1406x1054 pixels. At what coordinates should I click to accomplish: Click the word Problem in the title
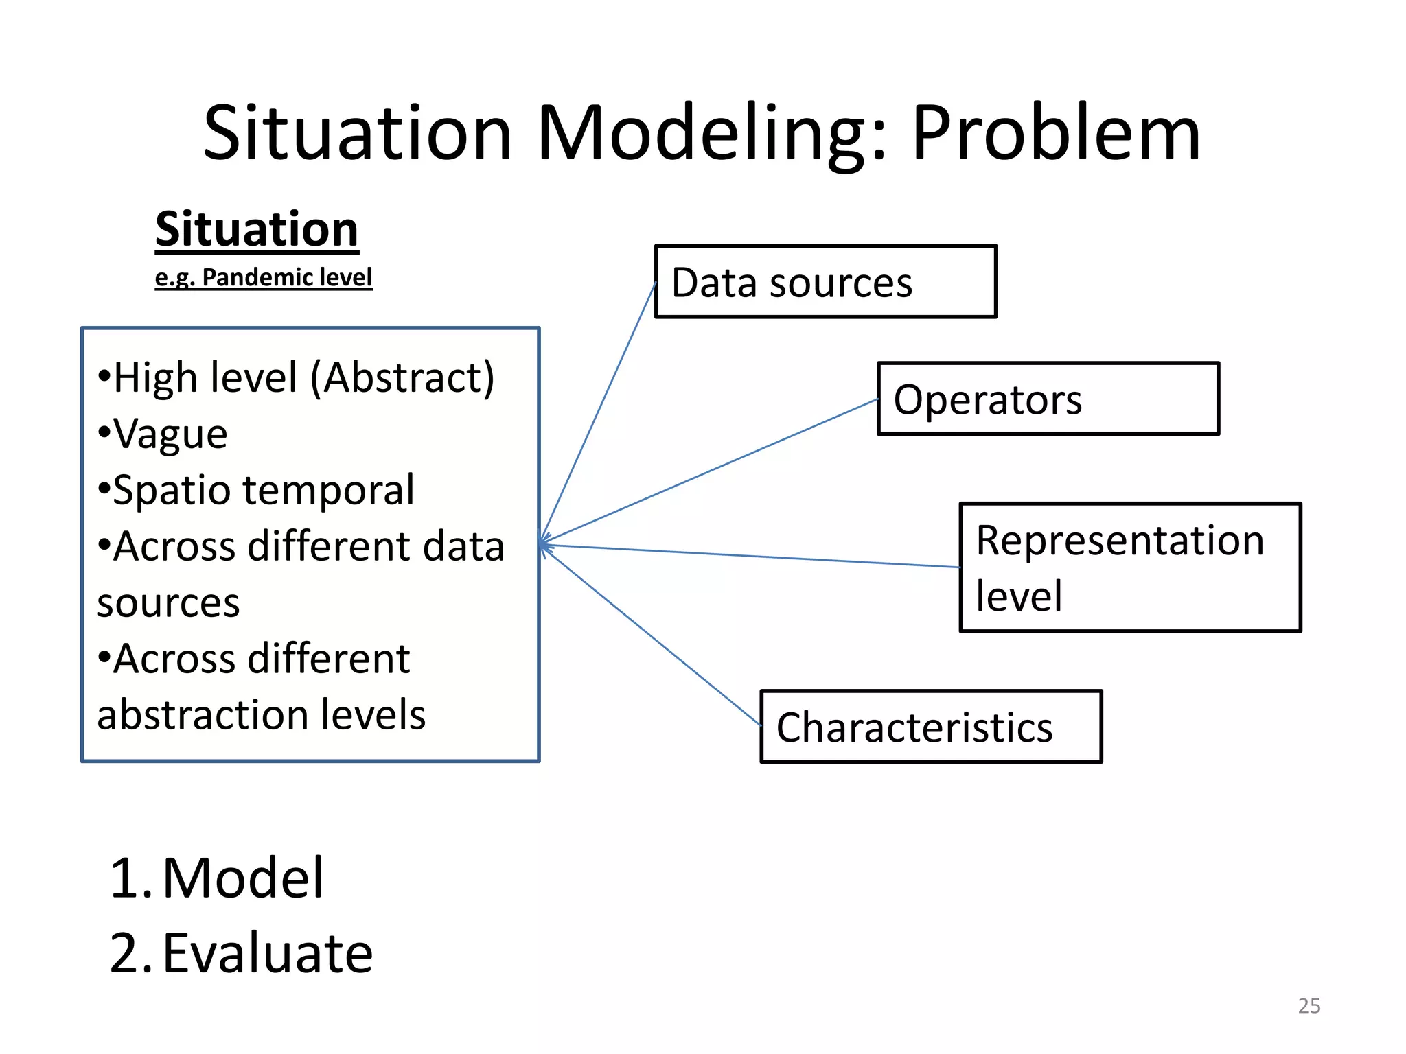[x=1056, y=134]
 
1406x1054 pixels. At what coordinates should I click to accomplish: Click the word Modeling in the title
[x=711, y=134]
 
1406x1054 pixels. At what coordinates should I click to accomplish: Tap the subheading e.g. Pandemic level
[x=264, y=277]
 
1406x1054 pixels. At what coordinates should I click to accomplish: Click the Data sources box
[x=825, y=282]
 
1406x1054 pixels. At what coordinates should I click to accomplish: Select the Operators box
[x=1048, y=399]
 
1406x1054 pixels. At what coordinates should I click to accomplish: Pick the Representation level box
[x=1130, y=567]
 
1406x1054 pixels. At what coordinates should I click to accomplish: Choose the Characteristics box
[x=931, y=727]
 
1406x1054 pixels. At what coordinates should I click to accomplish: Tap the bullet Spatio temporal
[x=262, y=491]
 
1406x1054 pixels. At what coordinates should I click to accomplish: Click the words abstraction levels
[x=261, y=715]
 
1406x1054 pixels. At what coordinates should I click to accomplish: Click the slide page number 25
[x=1309, y=1006]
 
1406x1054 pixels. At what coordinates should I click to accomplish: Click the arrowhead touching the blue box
[x=544, y=545]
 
